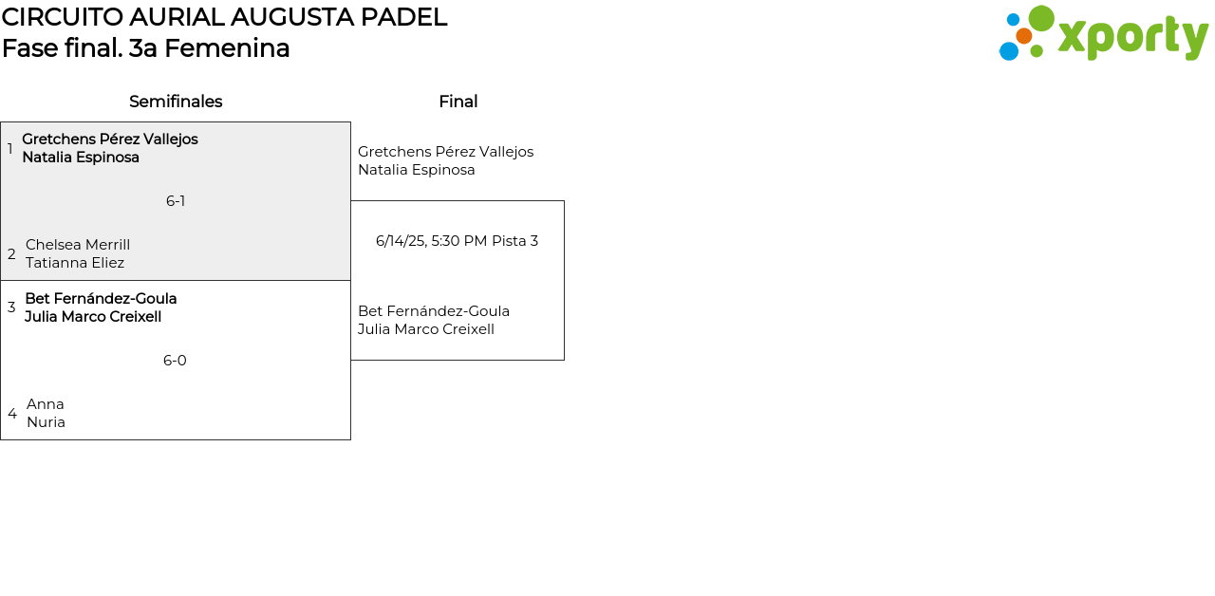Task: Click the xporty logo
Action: coord(1103,34)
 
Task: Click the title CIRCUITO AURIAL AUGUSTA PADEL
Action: coord(224,17)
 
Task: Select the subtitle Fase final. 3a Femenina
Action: coord(145,48)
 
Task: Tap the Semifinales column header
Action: coord(176,102)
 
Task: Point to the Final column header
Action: coord(458,102)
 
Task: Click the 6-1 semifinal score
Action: coord(176,201)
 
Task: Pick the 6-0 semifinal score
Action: coord(175,361)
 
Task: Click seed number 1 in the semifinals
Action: coord(10,149)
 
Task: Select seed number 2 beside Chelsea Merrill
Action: coord(11,254)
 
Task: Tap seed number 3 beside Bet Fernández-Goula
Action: coord(11,307)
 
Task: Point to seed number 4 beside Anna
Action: coord(12,414)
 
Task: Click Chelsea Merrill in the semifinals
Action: coord(78,245)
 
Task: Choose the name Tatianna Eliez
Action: coord(75,263)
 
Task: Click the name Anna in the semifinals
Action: coord(46,404)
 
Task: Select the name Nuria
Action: coord(46,422)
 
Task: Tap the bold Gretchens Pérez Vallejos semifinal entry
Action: coord(110,140)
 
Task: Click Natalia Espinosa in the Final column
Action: coord(416,170)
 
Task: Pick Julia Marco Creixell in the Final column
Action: coord(425,329)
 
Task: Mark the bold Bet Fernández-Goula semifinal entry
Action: coord(101,299)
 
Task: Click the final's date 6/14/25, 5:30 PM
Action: coord(431,241)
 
